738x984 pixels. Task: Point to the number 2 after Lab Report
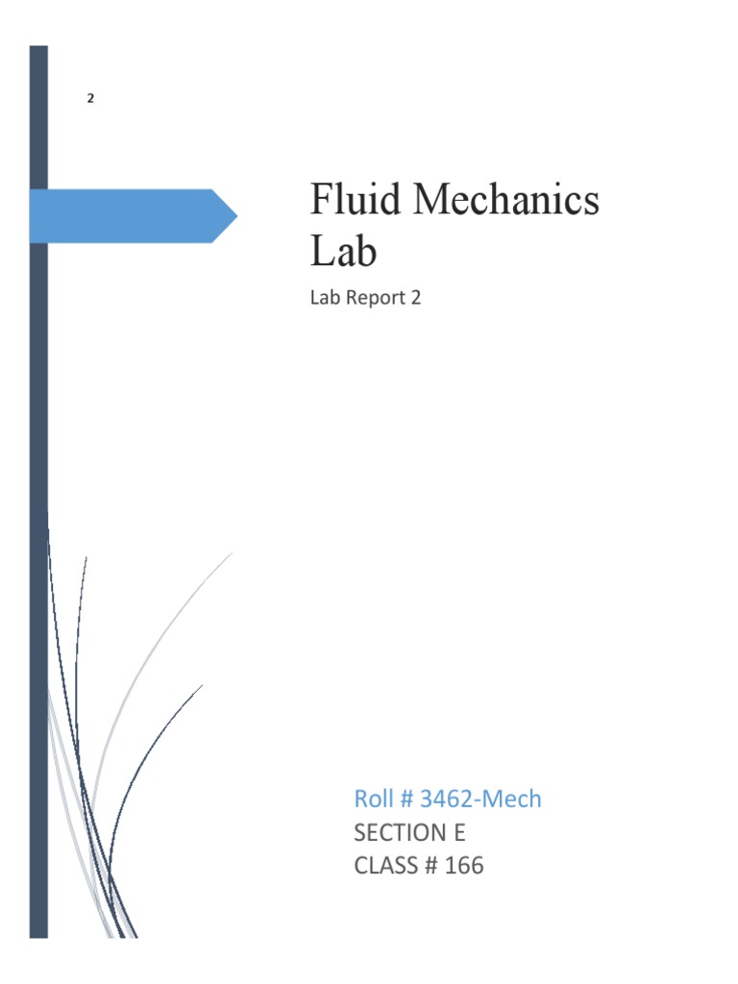tap(416, 298)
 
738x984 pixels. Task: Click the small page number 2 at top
tap(90, 98)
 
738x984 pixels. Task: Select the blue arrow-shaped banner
tap(125, 215)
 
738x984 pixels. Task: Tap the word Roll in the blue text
tap(374, 799)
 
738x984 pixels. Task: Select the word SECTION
tap(403, 832)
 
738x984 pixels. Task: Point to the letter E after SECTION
tap(458, 832)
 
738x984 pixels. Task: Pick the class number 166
tap(464, 866)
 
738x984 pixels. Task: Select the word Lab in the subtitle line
tap(325, 298)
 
